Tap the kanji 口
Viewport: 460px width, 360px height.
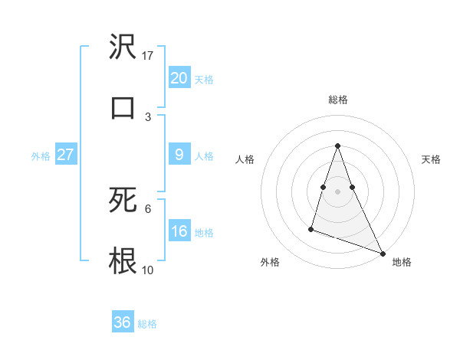tap(123, 107)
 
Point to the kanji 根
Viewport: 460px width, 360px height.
tap(123, 260)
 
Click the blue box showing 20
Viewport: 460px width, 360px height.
tap(179, 77)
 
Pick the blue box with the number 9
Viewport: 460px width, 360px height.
tap(179, 155)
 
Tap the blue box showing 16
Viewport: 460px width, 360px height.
tap(179, 231)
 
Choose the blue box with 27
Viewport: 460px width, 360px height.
tap(66, 155)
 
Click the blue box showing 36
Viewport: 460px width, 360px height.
tap(123, 322)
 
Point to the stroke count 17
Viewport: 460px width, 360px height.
tap(148, 56)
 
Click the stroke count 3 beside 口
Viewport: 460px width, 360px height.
tap(148, 116)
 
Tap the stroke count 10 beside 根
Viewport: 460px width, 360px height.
tap(148, 270)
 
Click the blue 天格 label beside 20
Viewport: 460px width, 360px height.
tap(204, 79)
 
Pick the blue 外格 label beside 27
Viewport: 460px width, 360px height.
tap(41, 156)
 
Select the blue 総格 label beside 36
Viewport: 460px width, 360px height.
tap(147, 324)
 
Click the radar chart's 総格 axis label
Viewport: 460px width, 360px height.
tap(337, 100)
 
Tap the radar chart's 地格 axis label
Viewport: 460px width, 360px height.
tap(402, 262)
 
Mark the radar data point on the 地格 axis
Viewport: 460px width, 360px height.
tap(382, 253)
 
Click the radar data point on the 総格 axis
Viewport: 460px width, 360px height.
tap(337, 146)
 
